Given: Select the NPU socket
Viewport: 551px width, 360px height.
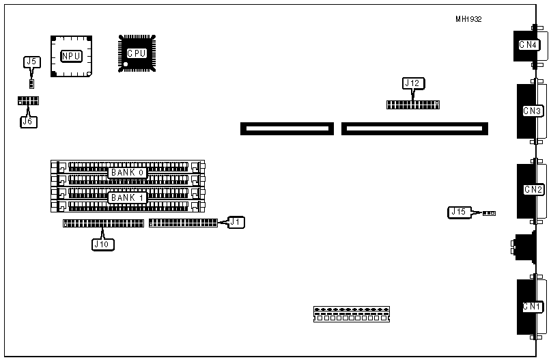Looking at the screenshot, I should coord(70,55).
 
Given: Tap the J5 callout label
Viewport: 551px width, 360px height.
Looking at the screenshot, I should coord(31,61).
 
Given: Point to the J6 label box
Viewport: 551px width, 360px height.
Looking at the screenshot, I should coord(29,122).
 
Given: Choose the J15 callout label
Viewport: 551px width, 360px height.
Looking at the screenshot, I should coord(459,212).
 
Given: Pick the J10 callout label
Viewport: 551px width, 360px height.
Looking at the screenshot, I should coord(102,243).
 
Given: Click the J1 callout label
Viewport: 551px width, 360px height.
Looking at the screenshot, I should coord(235,221).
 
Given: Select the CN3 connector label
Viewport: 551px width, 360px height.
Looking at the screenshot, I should coord(533,111).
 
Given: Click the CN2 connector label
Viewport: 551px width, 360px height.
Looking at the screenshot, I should coord(533,189).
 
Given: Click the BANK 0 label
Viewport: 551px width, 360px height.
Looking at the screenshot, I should coord(128,172).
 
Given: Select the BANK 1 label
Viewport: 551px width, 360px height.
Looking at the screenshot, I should coord(128,197).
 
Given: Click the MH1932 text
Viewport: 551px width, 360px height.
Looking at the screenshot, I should coord(468,19).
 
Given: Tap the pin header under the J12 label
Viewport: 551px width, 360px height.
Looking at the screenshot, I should coord(412,105).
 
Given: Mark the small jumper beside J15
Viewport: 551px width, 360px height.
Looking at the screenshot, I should coord(489,213).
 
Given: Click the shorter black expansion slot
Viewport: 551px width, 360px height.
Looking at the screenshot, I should coord(287,128).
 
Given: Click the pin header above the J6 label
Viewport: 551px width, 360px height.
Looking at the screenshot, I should coord(29,100).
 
